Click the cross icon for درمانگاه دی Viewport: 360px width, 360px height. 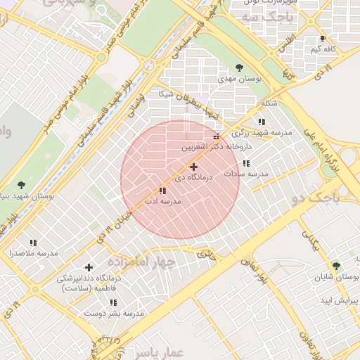pos(193,167)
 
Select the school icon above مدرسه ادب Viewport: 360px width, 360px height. pos(163,191)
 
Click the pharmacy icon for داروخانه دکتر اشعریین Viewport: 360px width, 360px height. pos(217,136)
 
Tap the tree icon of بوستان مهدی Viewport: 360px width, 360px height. pos(239,68)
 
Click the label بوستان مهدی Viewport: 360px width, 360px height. pos(239,79)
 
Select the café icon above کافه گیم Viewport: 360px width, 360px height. pos(323,39)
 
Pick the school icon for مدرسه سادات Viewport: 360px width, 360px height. pos(246,163)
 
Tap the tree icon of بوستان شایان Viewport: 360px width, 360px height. pos(336,266)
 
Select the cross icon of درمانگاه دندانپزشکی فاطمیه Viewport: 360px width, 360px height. pos(89,267)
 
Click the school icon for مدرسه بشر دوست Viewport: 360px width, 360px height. pos(113,302)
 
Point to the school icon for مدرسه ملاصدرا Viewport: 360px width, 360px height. pos(33,243)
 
